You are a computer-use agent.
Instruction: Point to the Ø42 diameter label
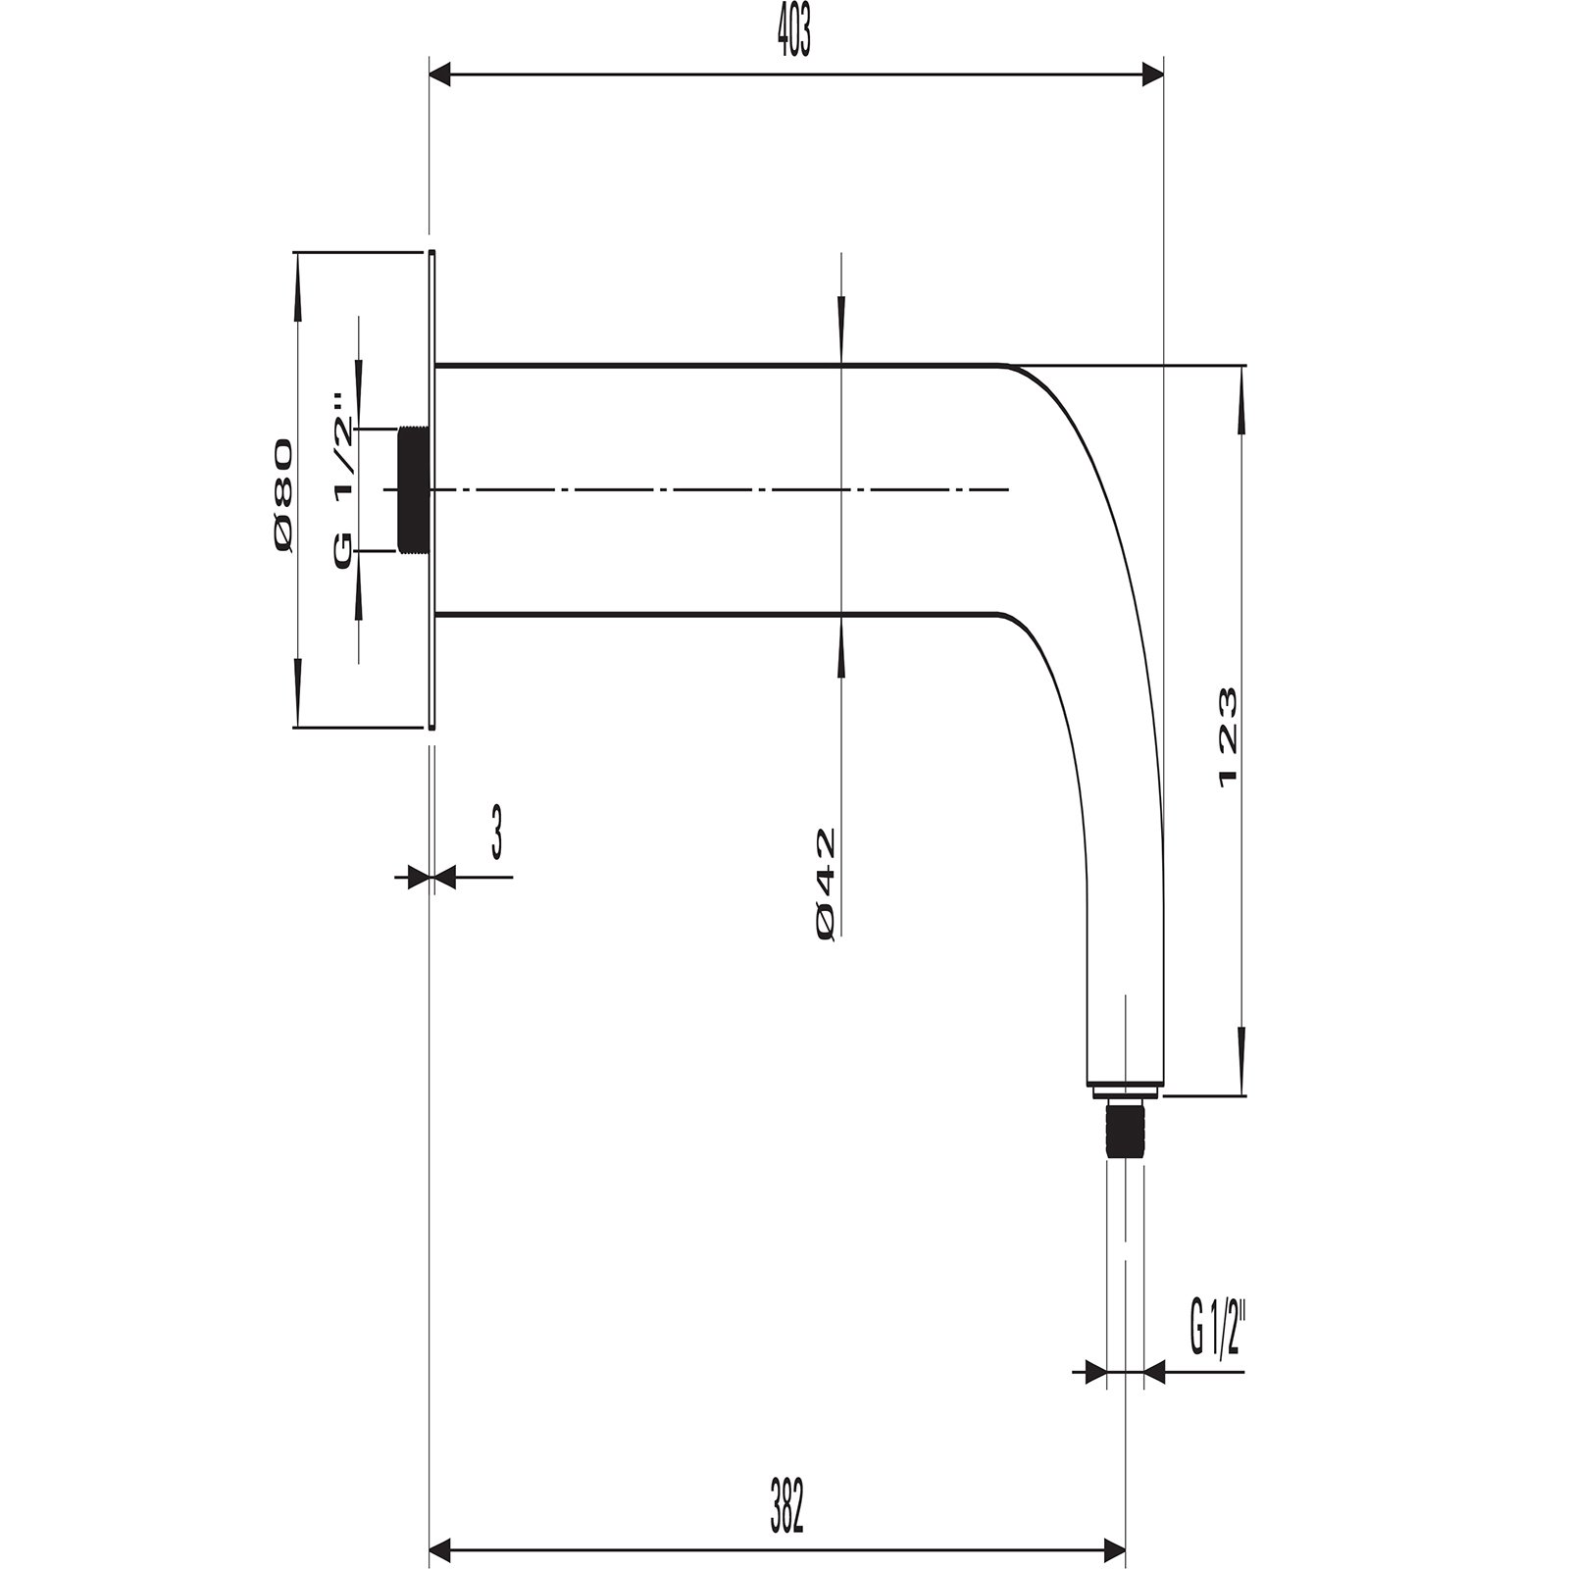click(825, 885)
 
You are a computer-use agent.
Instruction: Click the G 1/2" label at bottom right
click(1217, 1329)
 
